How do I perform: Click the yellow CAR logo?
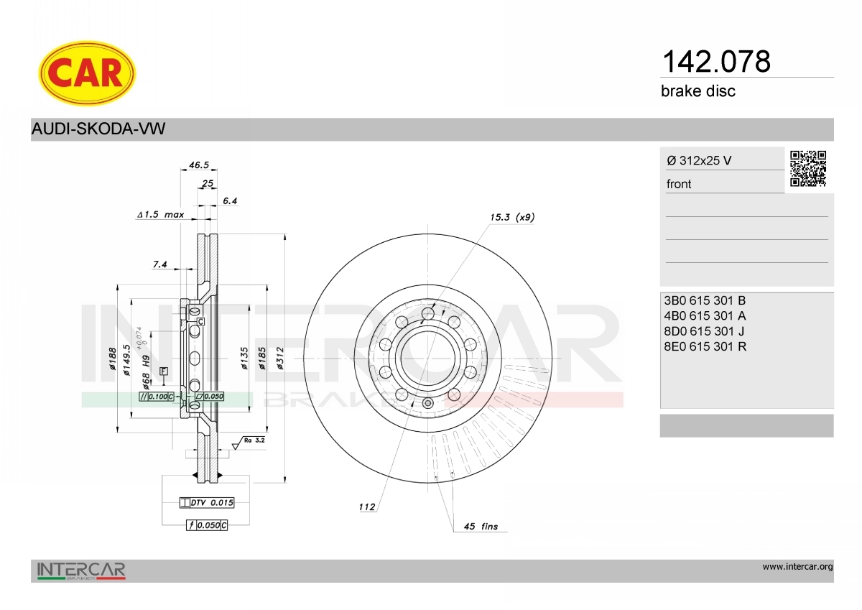coord(87,73)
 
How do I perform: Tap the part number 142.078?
coord(716,62)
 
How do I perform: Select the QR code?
coord(808,169)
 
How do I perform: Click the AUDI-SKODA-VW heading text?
coord(98,129)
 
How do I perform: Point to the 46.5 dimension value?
coord(198,165)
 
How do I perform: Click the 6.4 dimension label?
coord(230,200)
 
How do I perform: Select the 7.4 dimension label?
coord(159,264)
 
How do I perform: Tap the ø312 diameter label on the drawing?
coord(280,359)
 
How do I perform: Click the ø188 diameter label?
coord(112,359)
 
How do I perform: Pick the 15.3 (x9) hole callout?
coord(511,217)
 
